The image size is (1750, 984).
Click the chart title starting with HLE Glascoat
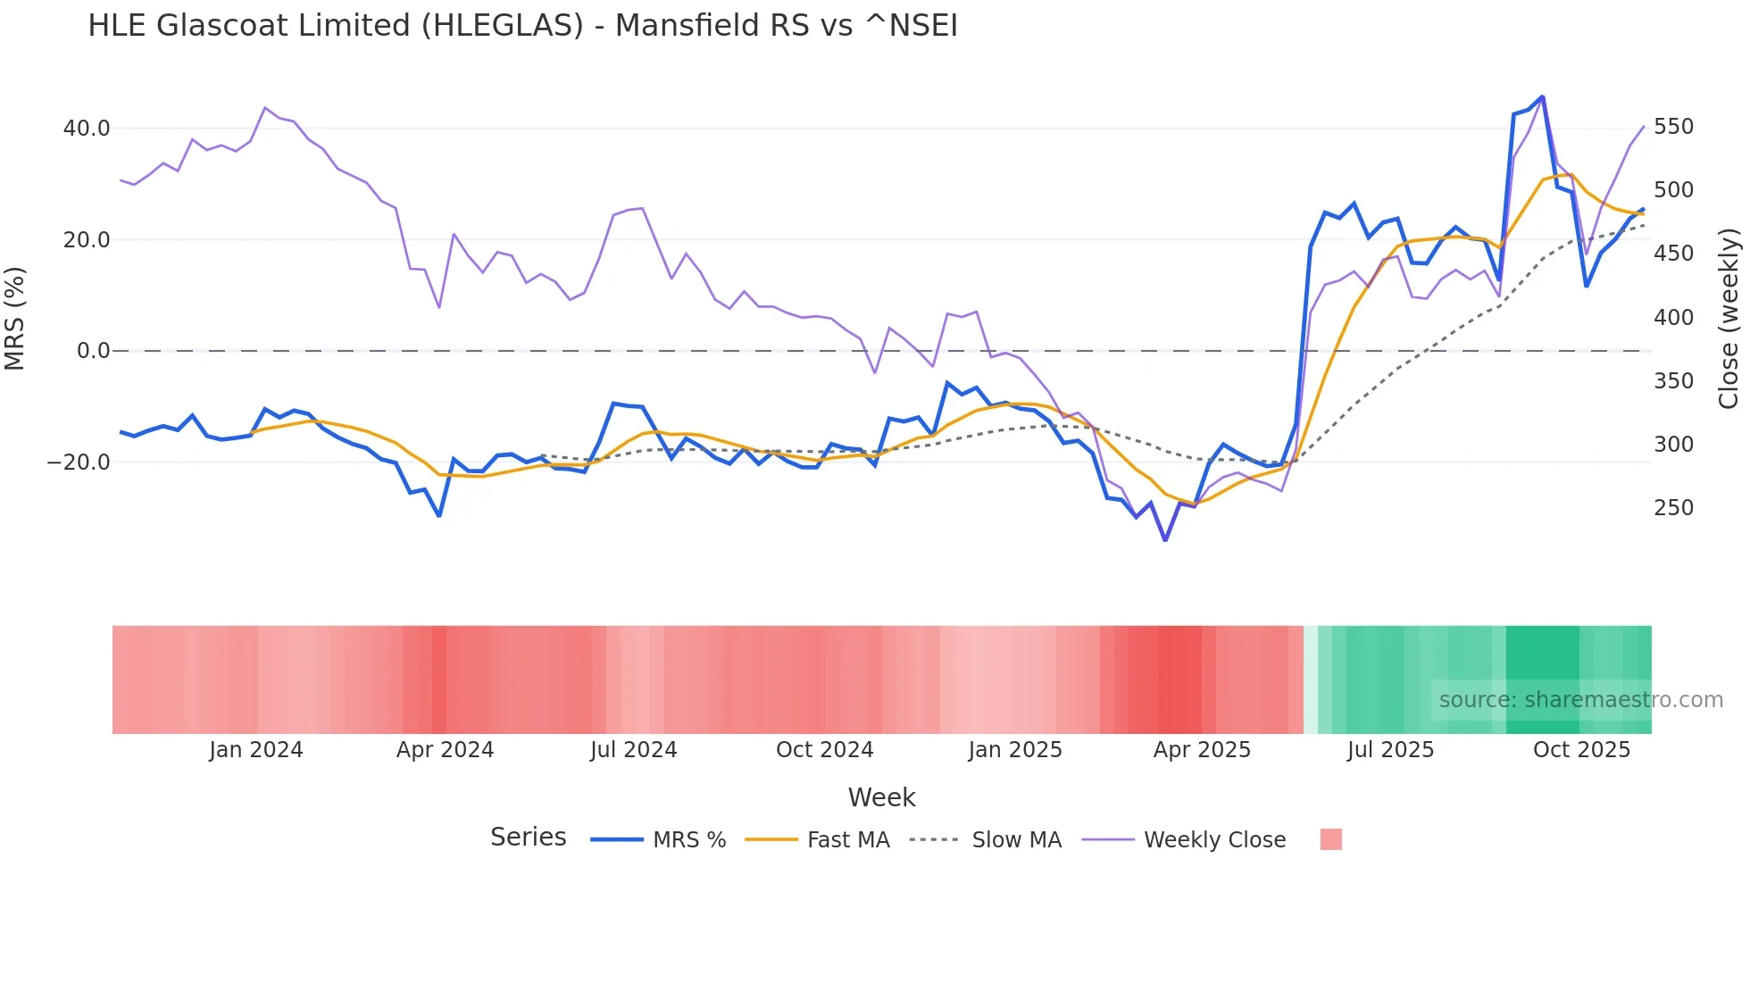point(522,26)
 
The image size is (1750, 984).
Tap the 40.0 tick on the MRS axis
point(87,129)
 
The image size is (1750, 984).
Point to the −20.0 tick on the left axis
point(79,463)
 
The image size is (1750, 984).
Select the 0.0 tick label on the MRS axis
point(93,351)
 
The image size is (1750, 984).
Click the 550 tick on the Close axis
point(1673,127)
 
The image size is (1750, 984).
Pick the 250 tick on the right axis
point(1673,508)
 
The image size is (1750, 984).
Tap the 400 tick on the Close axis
point(1673,318)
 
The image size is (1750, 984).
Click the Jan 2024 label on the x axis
point(256,750)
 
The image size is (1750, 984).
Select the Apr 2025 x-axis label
point(1202,750)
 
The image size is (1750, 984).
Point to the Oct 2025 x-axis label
point(1581,750)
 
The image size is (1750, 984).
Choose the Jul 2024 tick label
point(634,750)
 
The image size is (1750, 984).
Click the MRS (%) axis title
point(15,318)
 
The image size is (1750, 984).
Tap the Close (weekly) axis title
point(1729,318)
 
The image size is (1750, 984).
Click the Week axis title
point(881,797)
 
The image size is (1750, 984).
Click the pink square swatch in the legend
point(1330,839)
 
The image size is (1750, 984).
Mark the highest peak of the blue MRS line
point(1542,96)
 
